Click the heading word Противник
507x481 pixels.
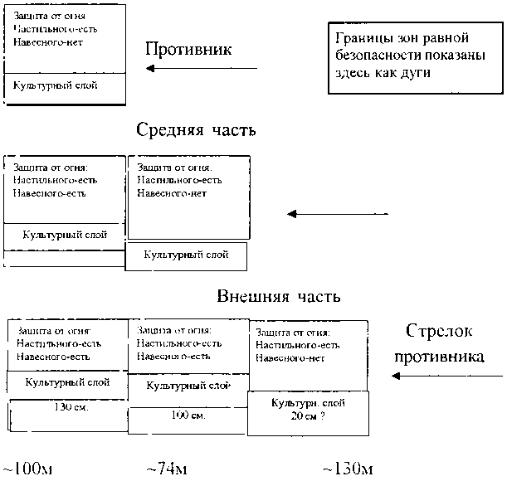tap(188, 49)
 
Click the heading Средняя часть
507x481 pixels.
tap(196, 130)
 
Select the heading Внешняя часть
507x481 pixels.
tap(278, 296)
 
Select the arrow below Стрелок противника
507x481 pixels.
tap(445, 376)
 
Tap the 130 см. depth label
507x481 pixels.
tap(71, 408)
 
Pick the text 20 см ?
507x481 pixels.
tap(307, 416)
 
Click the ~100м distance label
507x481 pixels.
tap(27, 470)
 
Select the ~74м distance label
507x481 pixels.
tap(166, 470)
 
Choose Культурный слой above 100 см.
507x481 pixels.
tap(188, 386)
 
